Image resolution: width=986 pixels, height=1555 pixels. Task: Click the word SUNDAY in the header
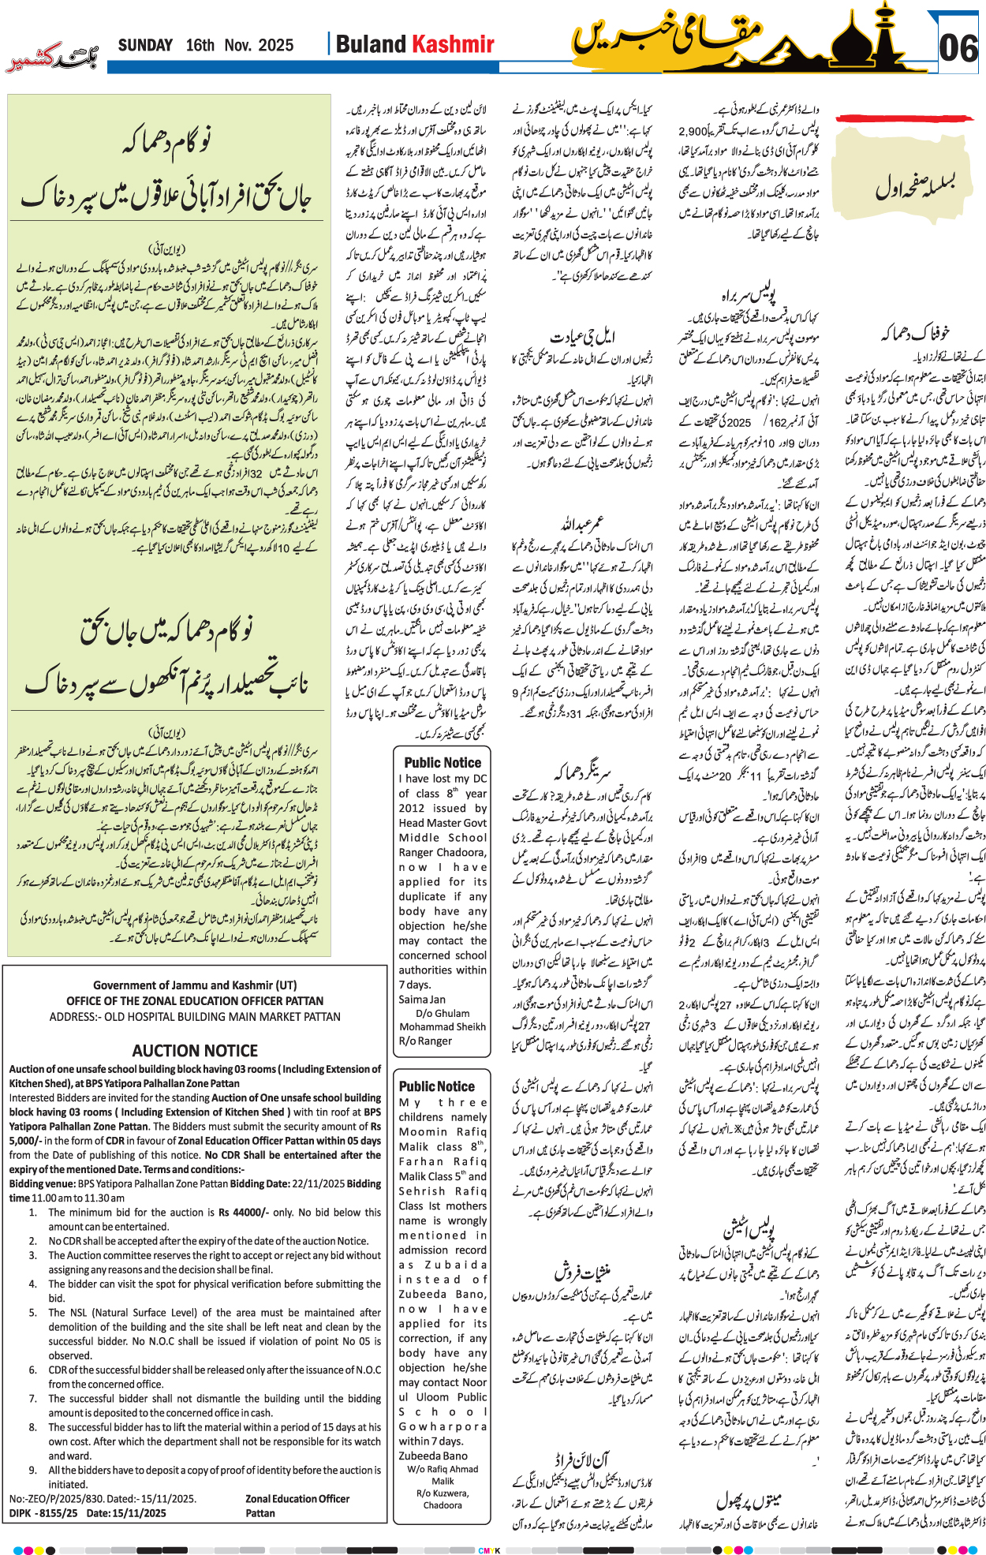click(x=145, y=45)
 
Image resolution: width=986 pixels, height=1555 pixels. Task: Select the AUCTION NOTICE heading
click(x=195, y=1050)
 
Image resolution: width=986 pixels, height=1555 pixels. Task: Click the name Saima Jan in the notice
click(x=422, y=999)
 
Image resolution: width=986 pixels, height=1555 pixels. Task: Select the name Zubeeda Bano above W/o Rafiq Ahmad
click(x=433, y=1456)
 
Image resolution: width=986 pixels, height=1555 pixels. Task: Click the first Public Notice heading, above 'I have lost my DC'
click(x=443, y=762)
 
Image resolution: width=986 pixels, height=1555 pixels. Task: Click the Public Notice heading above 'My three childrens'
click(x=436, y=1086)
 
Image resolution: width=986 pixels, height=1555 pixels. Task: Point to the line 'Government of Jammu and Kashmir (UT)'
click(x=195, y=985)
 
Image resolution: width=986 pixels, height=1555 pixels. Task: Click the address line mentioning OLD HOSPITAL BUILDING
click(x=195, y=1016)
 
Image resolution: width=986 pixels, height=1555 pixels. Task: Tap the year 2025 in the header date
click(x=275, y=45)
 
